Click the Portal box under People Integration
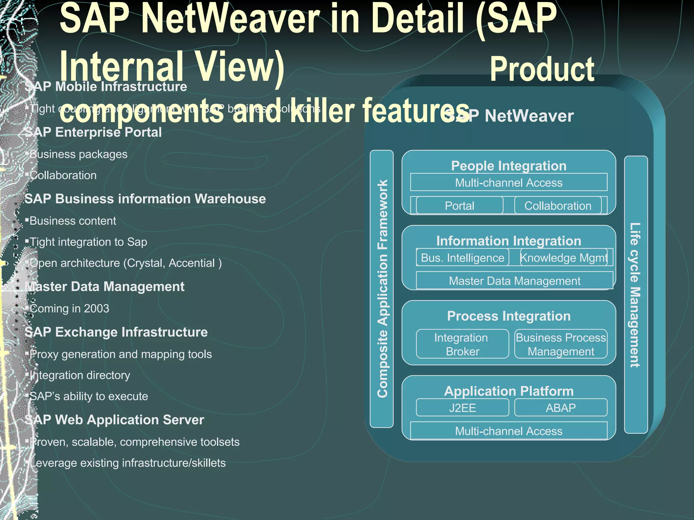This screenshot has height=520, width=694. pyautogui.click(x=460, y=205)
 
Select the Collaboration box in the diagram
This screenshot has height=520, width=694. pyautogui.click(x=558, y=205)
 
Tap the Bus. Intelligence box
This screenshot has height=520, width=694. pyautogui.click(x=463, y=258)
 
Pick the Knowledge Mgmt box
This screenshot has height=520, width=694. pyautogui.click(x=564, y=258)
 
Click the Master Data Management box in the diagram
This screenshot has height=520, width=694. pyautogui.click(x=514, y=281)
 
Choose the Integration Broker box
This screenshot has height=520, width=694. pyautogui.click(x=462, y=344)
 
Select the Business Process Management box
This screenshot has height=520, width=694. pyautogui.click(x=561, y=344)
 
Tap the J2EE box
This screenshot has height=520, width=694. pyautogui.click(x=462, y=408)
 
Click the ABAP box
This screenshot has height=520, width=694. pyautogui.click(x=561, y=408)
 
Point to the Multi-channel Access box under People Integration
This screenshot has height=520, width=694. pyautogui.click(x=509, y=182)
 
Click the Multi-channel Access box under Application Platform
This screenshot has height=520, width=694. pyautogui.click(x=509, y=431)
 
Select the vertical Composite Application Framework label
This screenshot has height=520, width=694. pyautogui.click(x=382, y=289)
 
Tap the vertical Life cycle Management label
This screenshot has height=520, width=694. pyautogui.click(x=635, y=295)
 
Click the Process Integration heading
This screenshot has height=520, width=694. pyautogui.click(x=509, y=316)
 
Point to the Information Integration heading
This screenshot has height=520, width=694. pyautogui.click(x=509, y=241)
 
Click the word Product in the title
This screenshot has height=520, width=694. pyautogui.click(x=542, y=69)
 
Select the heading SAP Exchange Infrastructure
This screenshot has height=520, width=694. pyautogui.click(x=116, y=332)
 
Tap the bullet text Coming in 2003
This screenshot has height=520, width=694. pyautogui.click(x=69, y=308)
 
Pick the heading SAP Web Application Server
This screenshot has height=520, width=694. pyautogui.click(x=114, y=420)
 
